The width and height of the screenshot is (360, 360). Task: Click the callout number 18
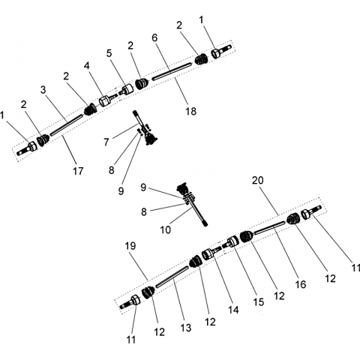tap(190, 111)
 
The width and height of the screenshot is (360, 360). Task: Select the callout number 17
tap(78, 171)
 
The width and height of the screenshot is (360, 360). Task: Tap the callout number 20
tap(258, 180)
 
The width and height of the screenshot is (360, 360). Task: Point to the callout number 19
tap(130, 246)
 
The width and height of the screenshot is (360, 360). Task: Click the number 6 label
tap(154, 37)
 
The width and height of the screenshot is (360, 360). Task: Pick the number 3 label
tap(43, 90)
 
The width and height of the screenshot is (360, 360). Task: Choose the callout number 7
tap(106, 142)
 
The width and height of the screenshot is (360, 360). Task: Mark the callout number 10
tap(165, 229)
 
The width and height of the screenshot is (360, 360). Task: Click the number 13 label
tap(186, 328)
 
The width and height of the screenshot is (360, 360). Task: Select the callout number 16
tap(300, 284)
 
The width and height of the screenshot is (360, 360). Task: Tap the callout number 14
tap(233, 310)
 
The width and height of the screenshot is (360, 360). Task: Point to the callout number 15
tap(259, 302)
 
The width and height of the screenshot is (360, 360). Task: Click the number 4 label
tap(86, 66)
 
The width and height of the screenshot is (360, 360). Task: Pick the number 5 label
tap(109, 53)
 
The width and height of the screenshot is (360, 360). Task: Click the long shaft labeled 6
tap(172, 71)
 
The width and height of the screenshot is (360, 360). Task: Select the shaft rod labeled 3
tap(66, 124)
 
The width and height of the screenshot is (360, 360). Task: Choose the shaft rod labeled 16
tap(269, 227)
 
